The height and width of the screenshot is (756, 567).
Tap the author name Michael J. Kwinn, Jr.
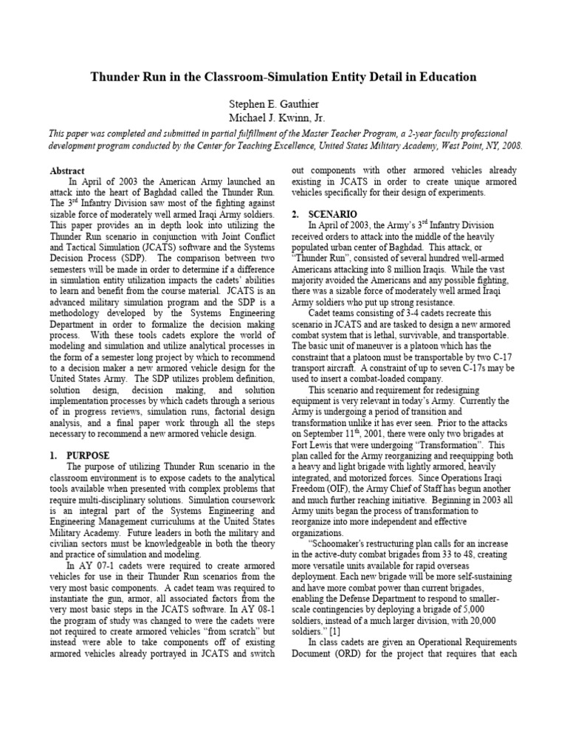(x=283, y=117)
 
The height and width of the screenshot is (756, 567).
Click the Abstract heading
(x=68, y=171)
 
